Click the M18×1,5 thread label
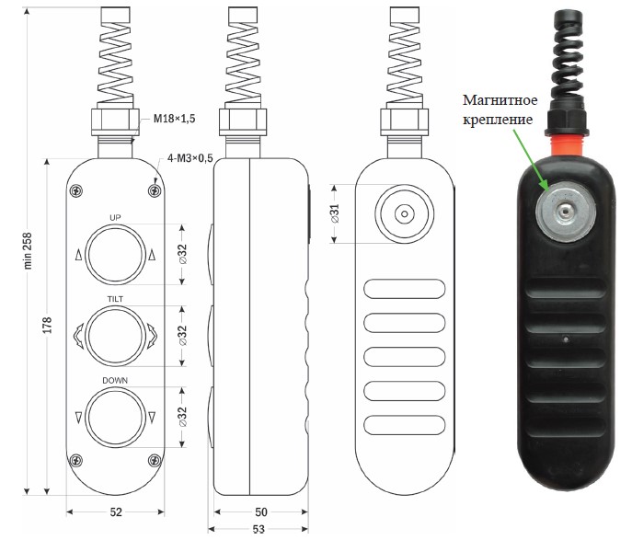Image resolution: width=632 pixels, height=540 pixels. pos(174,119)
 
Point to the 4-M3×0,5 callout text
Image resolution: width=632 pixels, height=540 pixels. pos(190,158)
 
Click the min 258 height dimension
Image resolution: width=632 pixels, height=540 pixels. pos(28,250)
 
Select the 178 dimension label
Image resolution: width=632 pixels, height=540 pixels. pos(48,326)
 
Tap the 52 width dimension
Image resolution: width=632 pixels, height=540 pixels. pos(116,511)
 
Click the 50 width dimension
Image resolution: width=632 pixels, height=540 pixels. pos(260,511)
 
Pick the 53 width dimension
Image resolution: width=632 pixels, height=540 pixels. pos(259,529)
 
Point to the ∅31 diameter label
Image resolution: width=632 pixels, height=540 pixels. pos(335,213)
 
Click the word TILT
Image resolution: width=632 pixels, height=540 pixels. pos(115,299)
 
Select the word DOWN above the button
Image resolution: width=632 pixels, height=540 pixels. pos(115,381)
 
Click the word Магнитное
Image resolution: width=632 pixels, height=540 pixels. pos(500,100)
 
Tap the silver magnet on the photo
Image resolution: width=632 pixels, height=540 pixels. pos(566,212)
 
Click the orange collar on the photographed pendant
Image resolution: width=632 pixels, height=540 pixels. pos(566,145)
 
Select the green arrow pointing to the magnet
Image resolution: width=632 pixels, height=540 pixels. pos(531,159)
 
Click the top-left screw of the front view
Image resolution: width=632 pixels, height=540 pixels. pos(76,190)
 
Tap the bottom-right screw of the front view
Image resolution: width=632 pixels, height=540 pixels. pos(155,460)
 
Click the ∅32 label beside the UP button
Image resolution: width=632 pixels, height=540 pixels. pos(182,254)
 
